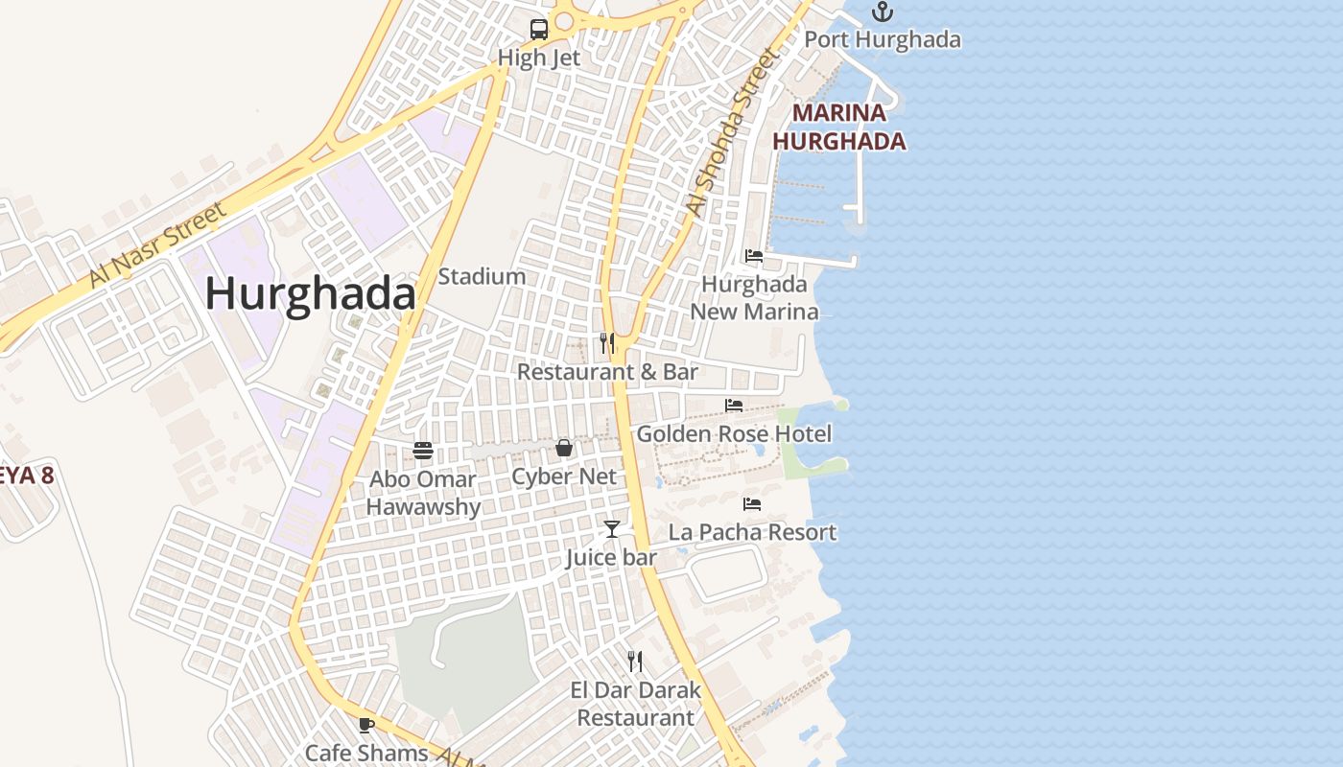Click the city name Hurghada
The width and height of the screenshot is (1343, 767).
310,293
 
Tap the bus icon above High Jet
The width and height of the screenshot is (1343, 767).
539,29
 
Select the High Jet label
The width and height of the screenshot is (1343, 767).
539,58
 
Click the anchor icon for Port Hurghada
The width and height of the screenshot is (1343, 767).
882,12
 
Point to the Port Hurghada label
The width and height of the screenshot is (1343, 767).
882,39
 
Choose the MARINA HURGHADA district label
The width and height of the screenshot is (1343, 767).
839,127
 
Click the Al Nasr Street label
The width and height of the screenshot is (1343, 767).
157,244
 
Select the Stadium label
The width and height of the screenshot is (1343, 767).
482,276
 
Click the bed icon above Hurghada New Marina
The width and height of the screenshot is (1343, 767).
754,256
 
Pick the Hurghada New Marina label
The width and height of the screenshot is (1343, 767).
754,298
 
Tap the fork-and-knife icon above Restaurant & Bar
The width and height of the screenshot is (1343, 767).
607,342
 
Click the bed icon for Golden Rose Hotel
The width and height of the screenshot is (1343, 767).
734,406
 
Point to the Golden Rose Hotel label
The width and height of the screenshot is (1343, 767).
734,434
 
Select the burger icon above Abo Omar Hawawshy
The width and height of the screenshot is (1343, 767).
423,450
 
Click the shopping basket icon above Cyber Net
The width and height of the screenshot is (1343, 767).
564,448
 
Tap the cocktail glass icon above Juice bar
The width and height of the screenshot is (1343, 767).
611,528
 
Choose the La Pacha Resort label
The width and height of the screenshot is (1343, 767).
752,532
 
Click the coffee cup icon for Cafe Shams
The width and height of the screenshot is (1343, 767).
365,725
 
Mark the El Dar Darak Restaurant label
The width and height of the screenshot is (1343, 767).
635,704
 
